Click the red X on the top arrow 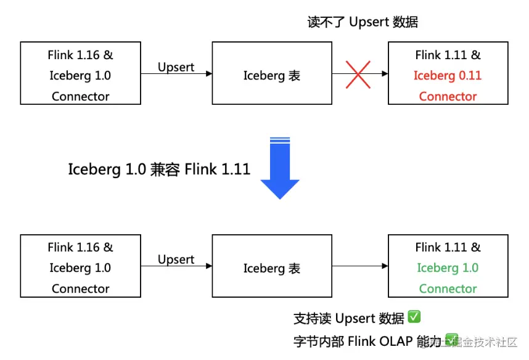tap(358, 74)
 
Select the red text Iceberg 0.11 tap(448, 75)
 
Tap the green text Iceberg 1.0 tap(448, 268)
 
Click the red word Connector tap(448, 96)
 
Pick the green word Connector tap(448, 288)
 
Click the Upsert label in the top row tap(176, 67)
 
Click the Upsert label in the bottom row tap(176, 259)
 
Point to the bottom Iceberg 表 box tap(272, 266)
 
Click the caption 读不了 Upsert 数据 tap(363, 22)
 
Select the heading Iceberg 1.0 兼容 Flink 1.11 tap(159, 169)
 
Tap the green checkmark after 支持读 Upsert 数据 tap(414, 317)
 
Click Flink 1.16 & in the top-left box tap(80, 55)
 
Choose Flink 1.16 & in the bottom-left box tap(80, 247)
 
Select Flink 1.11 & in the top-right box tap(448, 55)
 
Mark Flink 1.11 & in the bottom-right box tap(448, 247)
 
